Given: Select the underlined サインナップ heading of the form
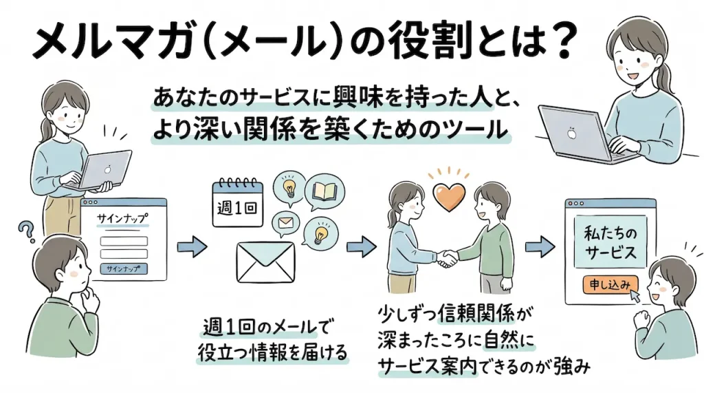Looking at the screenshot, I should click(122, 217).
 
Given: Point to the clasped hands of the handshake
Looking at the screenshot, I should click(448, 257).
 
